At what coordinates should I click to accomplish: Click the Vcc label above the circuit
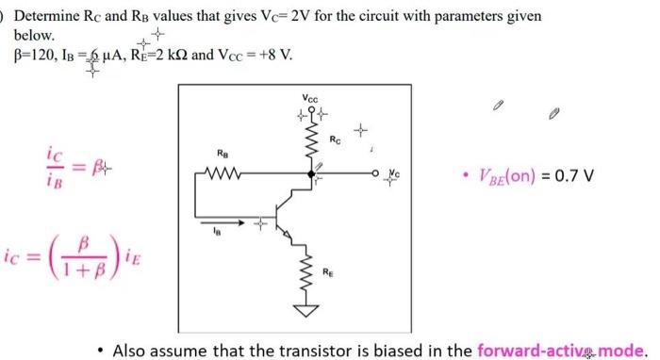pyautogui.click(x=311, y=98)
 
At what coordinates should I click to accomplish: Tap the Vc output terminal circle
pyautogui.click(x=374, y=172)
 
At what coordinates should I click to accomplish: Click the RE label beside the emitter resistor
pyautogui.click(x=328, y=272)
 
